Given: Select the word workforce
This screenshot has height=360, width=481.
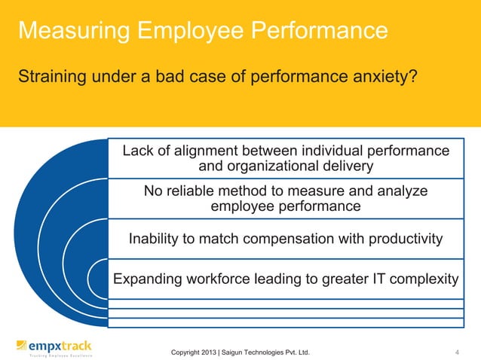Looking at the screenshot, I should tap(222, 280).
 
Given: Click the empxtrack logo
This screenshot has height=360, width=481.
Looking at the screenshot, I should tap(54, 348).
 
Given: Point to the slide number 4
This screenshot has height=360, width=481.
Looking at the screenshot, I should tap(458, 352).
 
